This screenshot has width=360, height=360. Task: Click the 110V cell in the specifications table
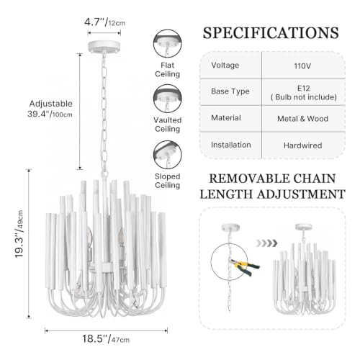point(302,66)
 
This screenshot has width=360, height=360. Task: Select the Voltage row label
point(225,66)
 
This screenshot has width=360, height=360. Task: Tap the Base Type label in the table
point(230,91)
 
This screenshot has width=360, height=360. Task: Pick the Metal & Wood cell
point(302,119)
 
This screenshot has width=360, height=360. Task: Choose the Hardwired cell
point(302,145)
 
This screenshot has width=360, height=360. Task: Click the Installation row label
point(231,145)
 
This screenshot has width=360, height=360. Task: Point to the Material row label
point(226,118)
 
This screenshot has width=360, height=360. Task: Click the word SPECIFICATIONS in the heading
point(271,32)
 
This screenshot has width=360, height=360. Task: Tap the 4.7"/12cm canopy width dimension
point(104,22)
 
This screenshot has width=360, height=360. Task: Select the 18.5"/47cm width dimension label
point(106,339)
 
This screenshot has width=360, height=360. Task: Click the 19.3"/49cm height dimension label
point(19,234)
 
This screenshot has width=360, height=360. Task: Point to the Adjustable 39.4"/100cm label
point(50,109)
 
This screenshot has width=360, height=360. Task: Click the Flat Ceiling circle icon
point(168,43)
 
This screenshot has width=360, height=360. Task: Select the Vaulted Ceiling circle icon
point(168,99)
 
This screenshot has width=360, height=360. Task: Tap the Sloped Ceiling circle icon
point(168,155)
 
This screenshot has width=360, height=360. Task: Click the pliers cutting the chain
point(245,267)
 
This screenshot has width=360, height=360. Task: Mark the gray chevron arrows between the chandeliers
point(266,243)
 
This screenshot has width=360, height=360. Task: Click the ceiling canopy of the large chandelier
point(104,46)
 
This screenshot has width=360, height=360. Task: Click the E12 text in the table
point(304,88)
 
